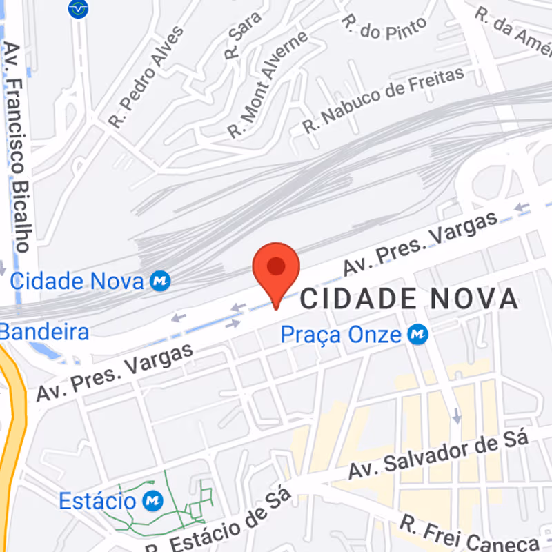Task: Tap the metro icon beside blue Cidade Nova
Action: coord(161,281)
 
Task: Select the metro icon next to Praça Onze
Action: coord(417,335)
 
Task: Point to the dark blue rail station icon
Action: coord(79,9)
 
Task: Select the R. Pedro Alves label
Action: coord(146,77)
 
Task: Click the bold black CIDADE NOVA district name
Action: coord(408,299)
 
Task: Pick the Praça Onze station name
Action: coord(341,335)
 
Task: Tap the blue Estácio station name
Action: coord(97,500)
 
